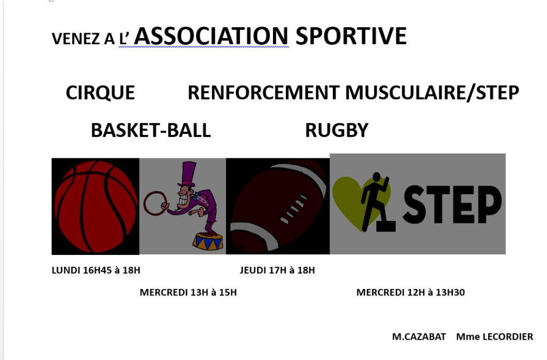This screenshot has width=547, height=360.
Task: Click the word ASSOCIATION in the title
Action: (211, 36)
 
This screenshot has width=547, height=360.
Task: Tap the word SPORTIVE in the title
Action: (351, 36)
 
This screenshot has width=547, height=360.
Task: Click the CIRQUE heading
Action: (100, 93)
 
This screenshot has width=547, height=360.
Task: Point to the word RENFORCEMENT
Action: (263, 93)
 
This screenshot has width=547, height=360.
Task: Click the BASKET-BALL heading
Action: (151, 130)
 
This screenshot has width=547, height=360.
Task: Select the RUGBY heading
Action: (337, 130)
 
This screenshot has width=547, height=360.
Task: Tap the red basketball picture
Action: (95, 206)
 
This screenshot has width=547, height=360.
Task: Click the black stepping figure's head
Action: (376, 177)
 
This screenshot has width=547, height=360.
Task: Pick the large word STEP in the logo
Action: (452, 204)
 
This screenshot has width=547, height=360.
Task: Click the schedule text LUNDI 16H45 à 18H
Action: (96, 270)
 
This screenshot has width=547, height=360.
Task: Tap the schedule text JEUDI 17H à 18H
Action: (277, 270)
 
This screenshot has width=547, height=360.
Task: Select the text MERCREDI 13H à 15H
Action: (189, 292)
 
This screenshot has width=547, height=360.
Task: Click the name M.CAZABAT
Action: (419, 337)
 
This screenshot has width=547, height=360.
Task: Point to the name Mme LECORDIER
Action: (495, 337)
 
